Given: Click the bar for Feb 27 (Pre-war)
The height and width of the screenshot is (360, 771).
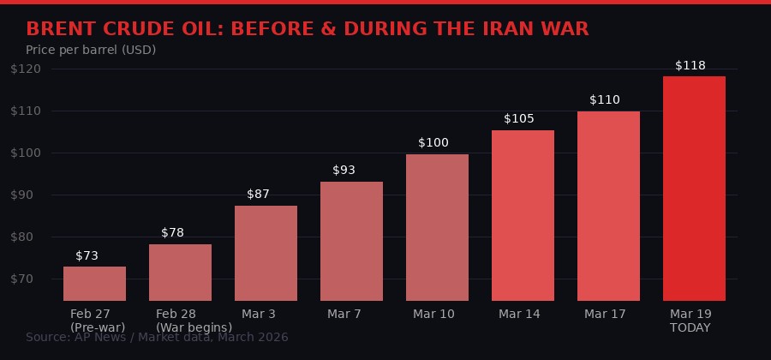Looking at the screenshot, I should point(94,284).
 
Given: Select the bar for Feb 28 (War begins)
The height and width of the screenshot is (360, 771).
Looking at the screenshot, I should point(180,273).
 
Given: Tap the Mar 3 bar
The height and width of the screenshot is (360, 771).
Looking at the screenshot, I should point(266,253).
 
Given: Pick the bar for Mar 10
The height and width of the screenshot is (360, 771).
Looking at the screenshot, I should point(437,227).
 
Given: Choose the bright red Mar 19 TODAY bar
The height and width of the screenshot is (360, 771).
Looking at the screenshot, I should point(694,189).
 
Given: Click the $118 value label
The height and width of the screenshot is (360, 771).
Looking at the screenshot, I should point(690,65).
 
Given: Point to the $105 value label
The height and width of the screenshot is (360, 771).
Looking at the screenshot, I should point(519,118).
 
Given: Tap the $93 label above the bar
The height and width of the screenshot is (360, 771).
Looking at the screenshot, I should point(344,170).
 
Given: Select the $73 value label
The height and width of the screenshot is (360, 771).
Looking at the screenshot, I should point(87,255).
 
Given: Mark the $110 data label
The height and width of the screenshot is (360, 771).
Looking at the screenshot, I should point(605,99).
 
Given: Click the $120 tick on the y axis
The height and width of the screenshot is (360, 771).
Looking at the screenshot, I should point(25,69).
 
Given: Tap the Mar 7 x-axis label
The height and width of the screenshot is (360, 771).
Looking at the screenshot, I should point(344,314).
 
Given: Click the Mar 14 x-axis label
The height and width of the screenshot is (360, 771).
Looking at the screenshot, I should point(519,314).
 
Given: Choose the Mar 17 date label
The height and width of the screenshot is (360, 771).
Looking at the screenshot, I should point(605,314).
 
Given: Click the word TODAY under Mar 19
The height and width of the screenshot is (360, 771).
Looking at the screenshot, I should point(690,327).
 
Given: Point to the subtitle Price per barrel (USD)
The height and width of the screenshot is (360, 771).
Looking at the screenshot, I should point(91,50).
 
